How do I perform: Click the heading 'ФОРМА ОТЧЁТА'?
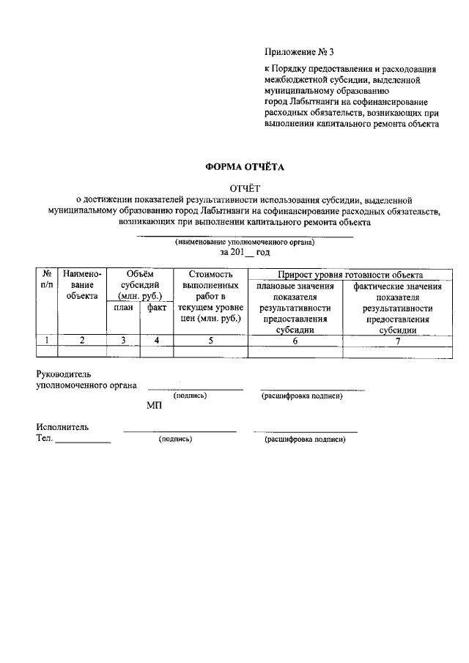click(244, 167)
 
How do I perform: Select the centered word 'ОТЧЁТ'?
click(245, 188)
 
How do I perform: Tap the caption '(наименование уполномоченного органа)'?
click(244, 242)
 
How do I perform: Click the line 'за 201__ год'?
click(245, 252)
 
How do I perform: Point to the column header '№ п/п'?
click(47, 279)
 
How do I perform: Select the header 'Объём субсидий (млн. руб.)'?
click(139, 284)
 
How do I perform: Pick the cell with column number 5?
click(210, 340)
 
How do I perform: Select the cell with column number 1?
click(47, 340)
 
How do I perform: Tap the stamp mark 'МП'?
click(154, 406)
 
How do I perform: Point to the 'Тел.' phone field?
click(73, 438)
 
